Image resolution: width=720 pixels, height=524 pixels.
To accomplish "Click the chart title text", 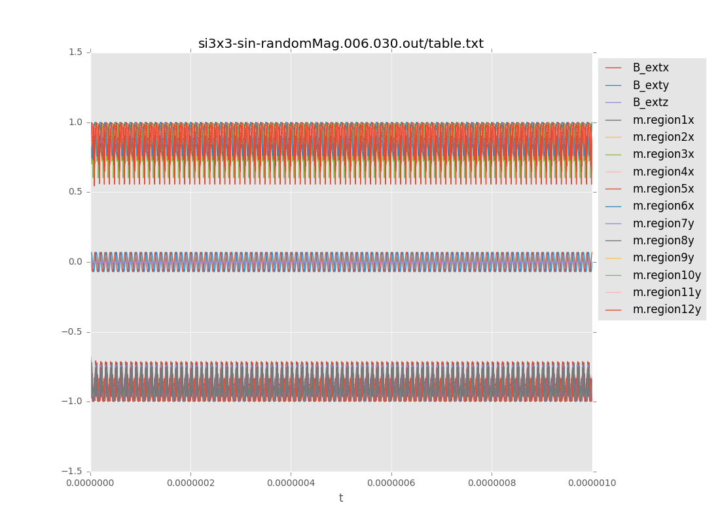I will tap(341, 44).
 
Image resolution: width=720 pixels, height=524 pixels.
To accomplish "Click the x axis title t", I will tap(341, 498).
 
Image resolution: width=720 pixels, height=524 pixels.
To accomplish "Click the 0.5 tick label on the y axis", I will tap(75, 192).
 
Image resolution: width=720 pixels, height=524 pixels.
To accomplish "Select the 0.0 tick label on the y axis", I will tap(75, 262).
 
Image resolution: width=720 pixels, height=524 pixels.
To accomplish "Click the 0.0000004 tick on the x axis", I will tap(291, 483).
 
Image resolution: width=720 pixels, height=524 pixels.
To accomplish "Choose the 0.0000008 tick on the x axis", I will tap(492, 483).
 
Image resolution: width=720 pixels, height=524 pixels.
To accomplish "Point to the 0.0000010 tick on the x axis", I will tap(592, 483).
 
